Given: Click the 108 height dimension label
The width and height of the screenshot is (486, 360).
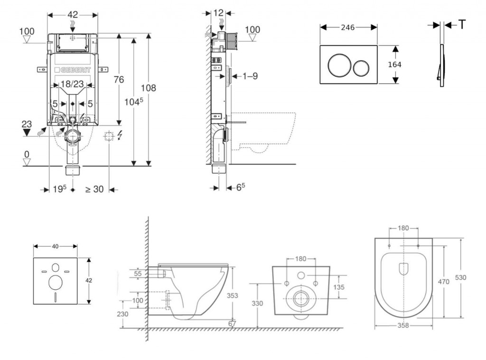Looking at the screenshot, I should click(x=148, y=88).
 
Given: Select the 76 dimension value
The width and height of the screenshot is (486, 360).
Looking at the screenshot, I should click(x=118, y=79).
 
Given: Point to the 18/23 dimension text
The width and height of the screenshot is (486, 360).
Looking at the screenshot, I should click(x=73, y=84).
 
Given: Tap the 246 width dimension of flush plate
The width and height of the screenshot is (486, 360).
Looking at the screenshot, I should click(x=348, y=28).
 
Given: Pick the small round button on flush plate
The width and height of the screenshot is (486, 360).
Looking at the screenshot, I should click(x=363, y=67).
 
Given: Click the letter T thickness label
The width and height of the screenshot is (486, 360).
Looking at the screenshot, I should click(x=461, y=25).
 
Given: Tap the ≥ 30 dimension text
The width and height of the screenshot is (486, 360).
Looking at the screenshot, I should click(x=94, y=189).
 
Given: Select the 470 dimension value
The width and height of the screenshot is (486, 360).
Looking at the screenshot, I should click(x=443, y=282).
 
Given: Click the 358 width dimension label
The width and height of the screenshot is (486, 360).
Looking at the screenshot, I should click(x=403, y=326).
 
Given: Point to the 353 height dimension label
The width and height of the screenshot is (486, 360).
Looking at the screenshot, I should click(x=233, y=295).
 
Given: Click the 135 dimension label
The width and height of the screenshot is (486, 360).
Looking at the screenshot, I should click(x=339, y=287).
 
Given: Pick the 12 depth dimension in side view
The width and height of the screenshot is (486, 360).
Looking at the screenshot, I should click(x=218, y=13).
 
